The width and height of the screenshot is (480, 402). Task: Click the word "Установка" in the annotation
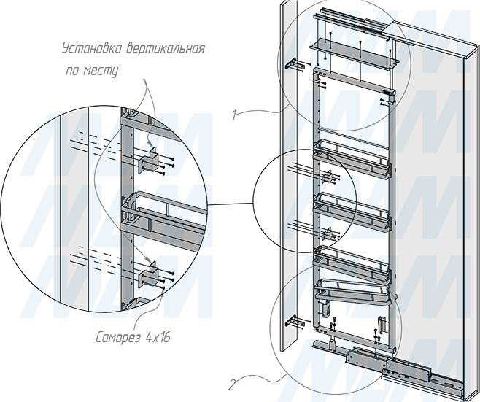(x=92, y=49)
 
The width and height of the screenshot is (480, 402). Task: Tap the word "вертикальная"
(x=166, y=49)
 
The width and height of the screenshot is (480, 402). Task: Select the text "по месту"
(x=92, y=71)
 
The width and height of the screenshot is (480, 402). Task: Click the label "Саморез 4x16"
(x=133, y=338)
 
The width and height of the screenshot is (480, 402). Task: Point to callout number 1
(x=234, y=116)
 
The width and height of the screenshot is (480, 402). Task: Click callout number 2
(x=232, y=384)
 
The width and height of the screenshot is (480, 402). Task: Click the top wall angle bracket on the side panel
(x=296, y=65)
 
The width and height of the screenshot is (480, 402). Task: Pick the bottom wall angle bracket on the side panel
(x=295, y=322)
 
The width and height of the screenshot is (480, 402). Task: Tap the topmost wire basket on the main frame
(x=352, y=158)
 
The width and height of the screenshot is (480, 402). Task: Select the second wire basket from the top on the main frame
(x=352, y=211)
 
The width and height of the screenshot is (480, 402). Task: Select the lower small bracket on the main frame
(x=328, y=234)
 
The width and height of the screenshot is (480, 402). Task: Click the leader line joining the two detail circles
(x=230, y=204)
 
